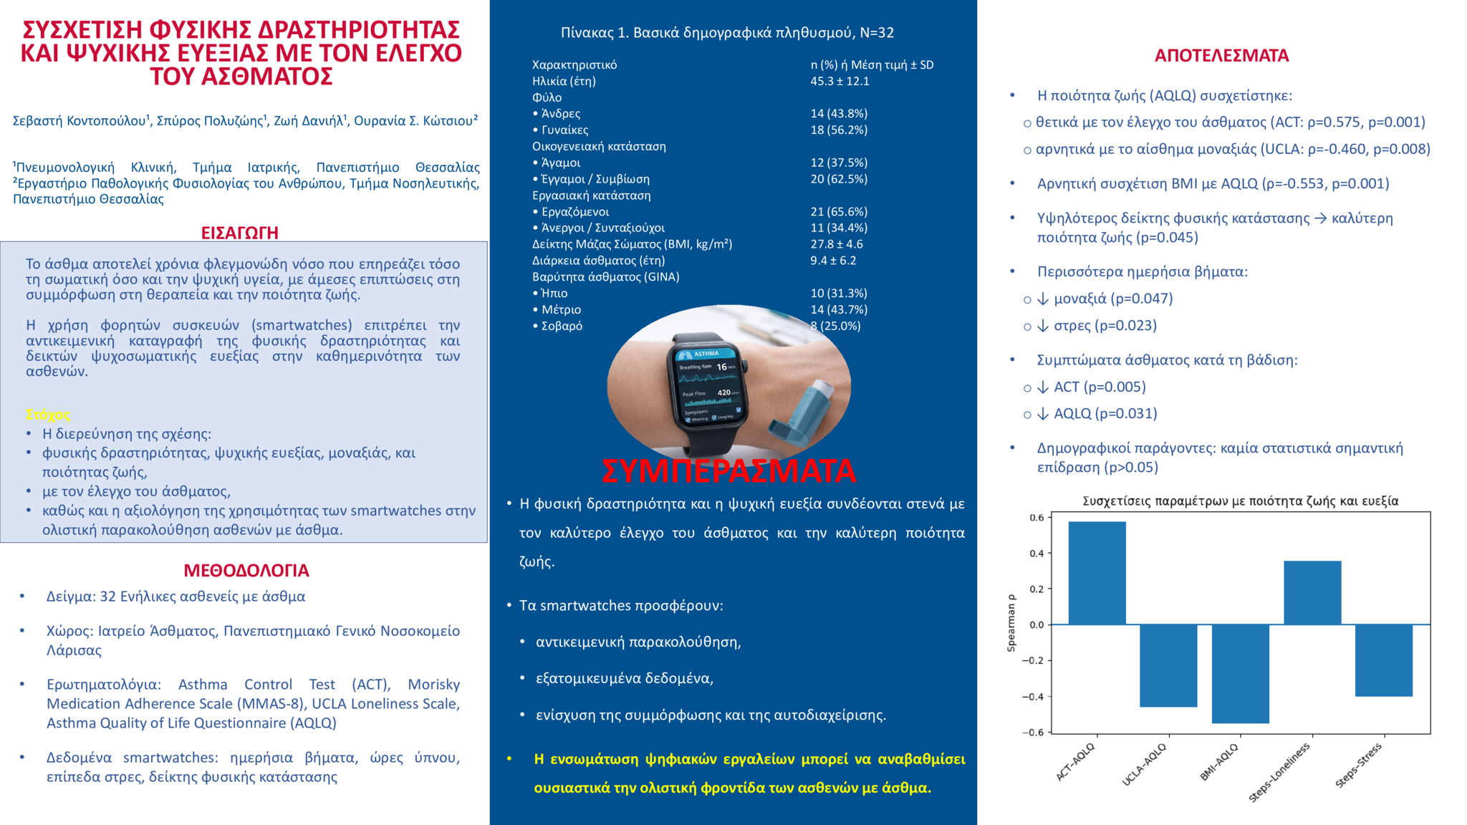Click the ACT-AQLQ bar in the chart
[x=1097, y=573]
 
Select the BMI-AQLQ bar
[x=1240, y=673]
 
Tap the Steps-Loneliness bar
[x=1312, y=593]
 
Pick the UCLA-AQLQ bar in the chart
[x=1168, y=665]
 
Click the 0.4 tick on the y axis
[x=1036, y=554]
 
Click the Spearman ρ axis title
[x=1011, y=623]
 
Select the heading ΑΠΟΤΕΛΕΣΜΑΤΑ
[x=1221, y=56]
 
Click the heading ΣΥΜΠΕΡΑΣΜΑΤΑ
[x=728, y=471]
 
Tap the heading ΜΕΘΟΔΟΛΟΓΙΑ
[x=246, y=571]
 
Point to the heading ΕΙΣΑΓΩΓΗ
[x=239, y=233]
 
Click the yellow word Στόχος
[x=48, y=415]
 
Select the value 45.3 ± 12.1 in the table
[x=840, y=82]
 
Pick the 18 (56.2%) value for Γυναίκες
[x=839, y=130]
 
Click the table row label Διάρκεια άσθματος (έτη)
[x=598, y=261]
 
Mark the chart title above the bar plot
[x=1240, y=501]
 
